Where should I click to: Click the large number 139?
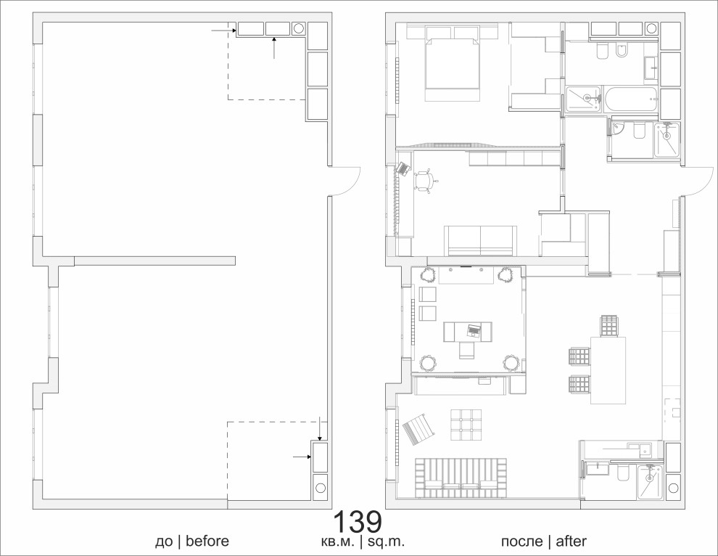(x=357, y=522)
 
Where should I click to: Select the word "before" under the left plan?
(x=207, y=541)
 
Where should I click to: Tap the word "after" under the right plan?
(x=571, y=541)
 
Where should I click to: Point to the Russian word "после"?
(x=521, y=542)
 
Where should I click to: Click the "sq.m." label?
(x=387, y=542)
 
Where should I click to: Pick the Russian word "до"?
(x=163, y=543)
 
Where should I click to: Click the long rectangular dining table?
(x=608, y=370)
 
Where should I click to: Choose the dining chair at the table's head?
(x=609, y=326)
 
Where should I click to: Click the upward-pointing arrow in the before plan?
(x=274, y=49)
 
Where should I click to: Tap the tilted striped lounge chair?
(x=418, y=429)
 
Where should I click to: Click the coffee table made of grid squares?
(x=466, y=425)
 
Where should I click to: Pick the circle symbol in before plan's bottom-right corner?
(x=320, y=487)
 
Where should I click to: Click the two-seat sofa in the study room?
(x=480, y=241)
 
